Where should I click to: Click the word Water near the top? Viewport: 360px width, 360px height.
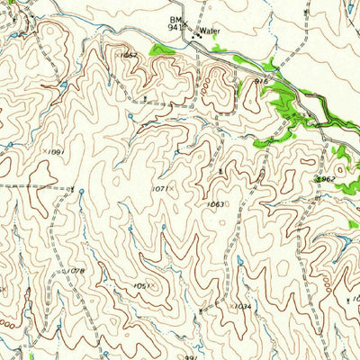point(210,31)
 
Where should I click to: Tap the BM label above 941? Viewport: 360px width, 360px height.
point(174,19)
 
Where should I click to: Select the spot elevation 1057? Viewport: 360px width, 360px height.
point(129,55)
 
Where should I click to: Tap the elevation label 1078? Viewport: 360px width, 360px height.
point(76,270)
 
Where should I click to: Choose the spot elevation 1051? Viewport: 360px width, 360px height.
point(140,286)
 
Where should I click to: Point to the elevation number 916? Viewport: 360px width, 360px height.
point(262,81)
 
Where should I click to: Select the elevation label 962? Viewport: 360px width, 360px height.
point(327,180)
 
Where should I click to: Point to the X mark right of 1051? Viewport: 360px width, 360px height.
point(152,286)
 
